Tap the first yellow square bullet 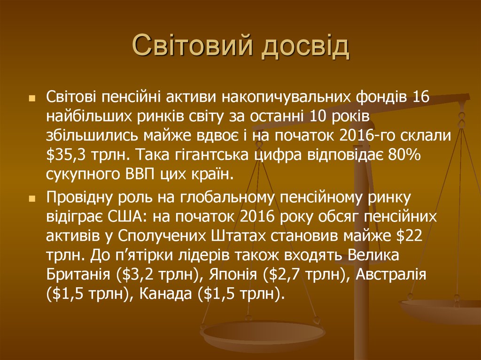[32, 99]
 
